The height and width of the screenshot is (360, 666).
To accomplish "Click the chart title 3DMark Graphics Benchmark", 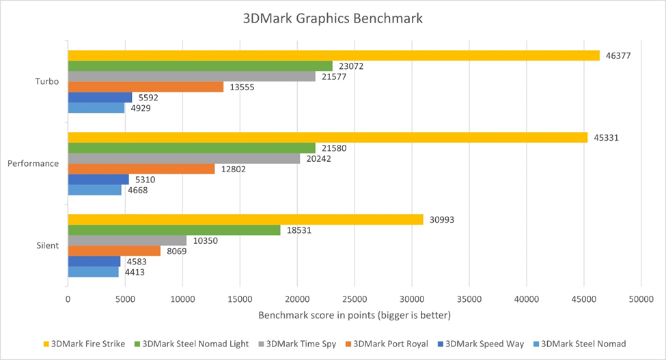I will (x=333, y=18).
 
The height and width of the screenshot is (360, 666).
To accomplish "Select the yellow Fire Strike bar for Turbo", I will (x=333, y=55).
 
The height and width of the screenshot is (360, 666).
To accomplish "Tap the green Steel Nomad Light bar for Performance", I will (x=191, y=148).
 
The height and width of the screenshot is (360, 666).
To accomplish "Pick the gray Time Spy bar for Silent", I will (x=127, y=240).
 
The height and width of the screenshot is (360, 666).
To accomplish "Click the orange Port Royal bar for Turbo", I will (x=145, y=87).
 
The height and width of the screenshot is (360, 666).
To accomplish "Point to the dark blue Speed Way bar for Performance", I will (x=98, y=179).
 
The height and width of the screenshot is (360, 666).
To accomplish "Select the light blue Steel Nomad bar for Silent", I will (x=93, y=272).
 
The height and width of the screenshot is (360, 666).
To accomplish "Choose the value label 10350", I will (x=203, y=240).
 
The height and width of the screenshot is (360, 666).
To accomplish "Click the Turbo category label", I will (x=47, y=82).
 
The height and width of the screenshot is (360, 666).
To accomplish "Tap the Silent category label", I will (x=48, y=245).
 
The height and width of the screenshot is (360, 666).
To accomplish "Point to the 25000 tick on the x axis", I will (x=354, y=299).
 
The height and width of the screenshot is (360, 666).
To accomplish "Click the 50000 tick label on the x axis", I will (x=640, y=299).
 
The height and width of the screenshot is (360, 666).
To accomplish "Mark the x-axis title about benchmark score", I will (x=355, y=316).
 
